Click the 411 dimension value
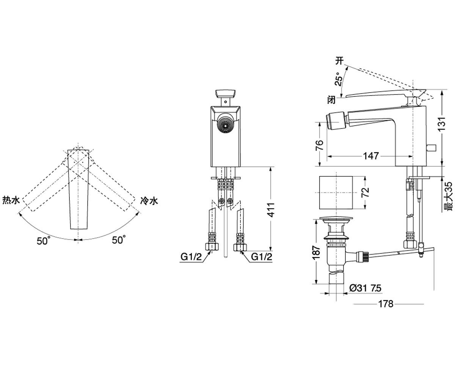click(x=271, y=210)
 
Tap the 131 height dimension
click(x=442, y=124)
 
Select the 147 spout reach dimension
click(x=371, y=156)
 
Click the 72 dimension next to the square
click(x=366, y=192)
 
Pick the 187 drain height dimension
click(x=316, y=253)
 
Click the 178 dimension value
click(x=386, y=304)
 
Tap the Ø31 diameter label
click(x=358, y=288)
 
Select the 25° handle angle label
click(x=339, y=79)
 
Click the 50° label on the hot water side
click(x=43, y=240)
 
